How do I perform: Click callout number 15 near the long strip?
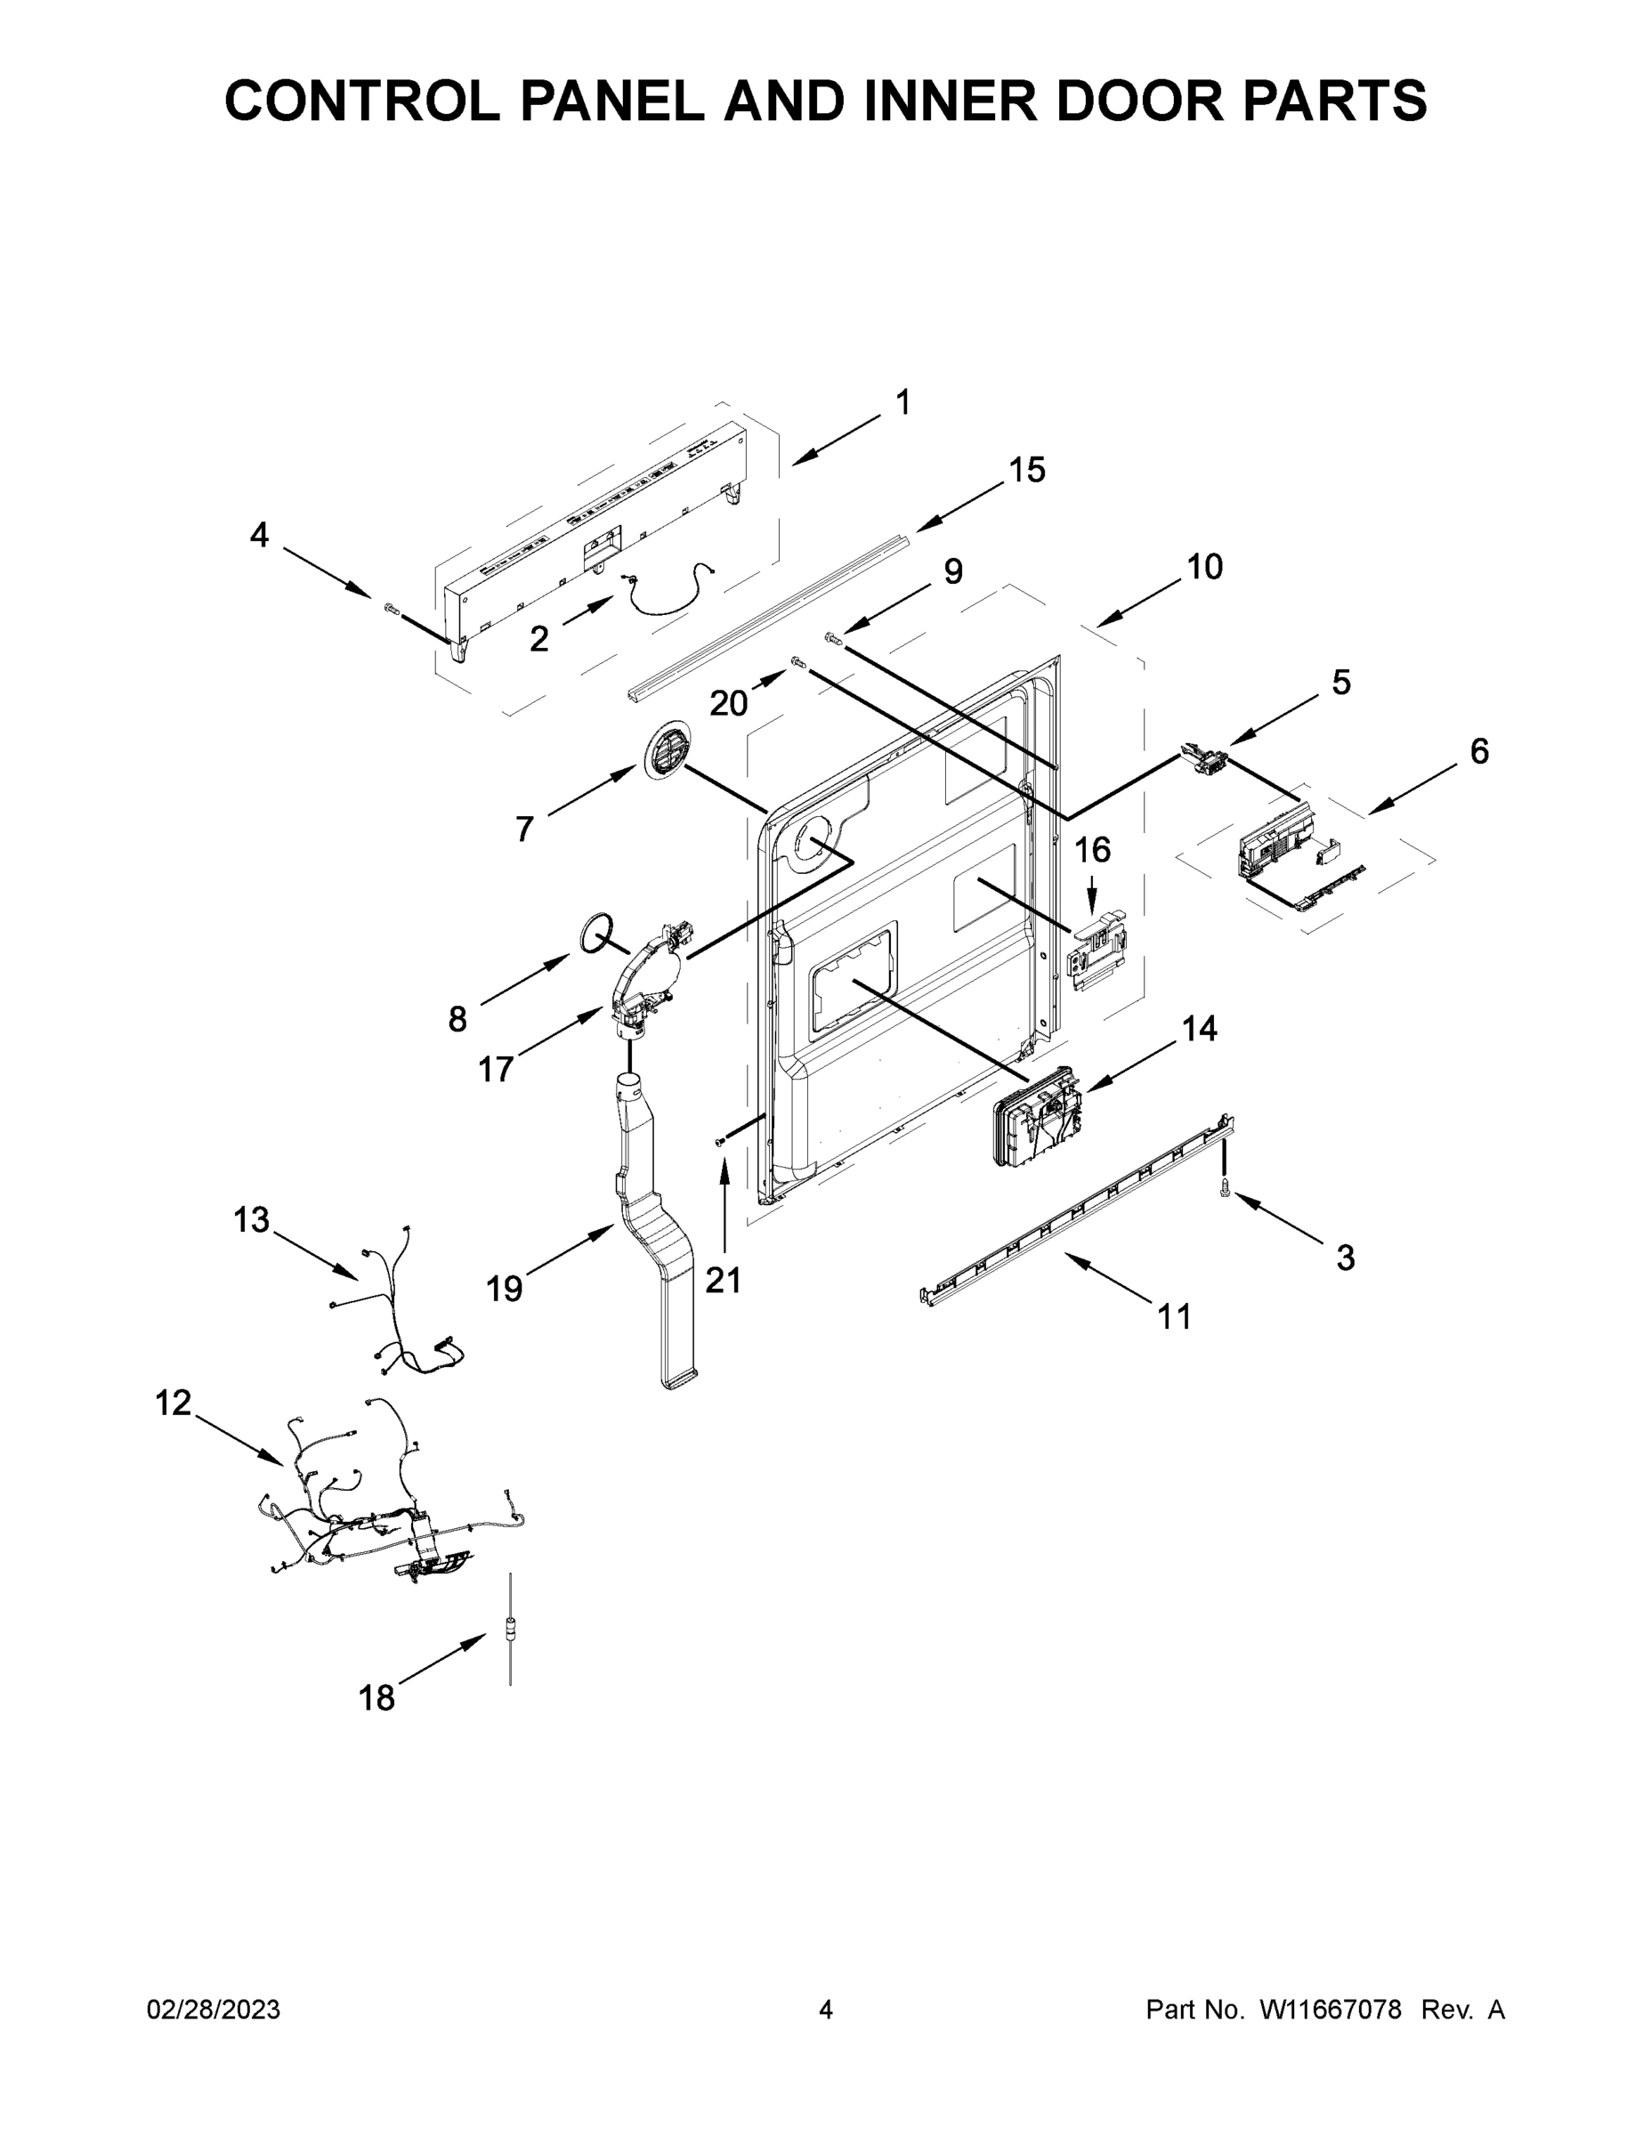(1027, 471)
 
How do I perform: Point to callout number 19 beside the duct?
(505, 1289)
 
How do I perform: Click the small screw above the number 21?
(722, 1140)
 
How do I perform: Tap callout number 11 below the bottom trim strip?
(1175, 1317)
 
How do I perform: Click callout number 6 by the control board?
(1479, 751)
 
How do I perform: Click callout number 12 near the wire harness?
(174, 1404)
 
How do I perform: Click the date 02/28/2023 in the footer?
(214, 2010)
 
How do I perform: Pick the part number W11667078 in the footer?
(1331, 2010)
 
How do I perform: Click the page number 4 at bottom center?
(826, 2010)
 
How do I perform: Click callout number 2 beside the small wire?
(539, 640)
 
